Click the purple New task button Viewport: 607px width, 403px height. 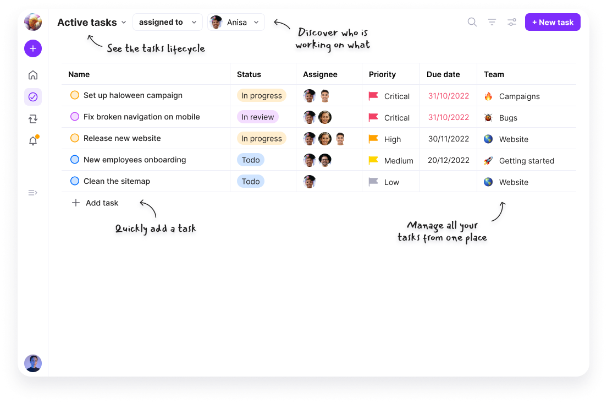pos(553,22)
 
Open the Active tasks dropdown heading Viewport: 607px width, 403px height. pos(92,23)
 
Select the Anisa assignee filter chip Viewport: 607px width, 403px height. pos(236,23)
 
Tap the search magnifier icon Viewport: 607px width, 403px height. pos(472,22)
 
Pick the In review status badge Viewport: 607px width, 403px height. pos(257,117)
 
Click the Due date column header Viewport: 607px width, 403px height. pos(443,74)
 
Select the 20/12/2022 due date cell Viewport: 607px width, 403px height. pos(449,160)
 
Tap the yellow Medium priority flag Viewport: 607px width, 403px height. pos(373,160)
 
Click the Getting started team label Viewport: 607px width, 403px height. pos(526,161)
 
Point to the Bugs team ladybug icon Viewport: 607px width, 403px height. pos(488,117)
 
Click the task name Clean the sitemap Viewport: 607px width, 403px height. pos(117,181)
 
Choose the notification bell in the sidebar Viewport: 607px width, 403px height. pos(33,141)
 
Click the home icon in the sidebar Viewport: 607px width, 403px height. pos(33,75)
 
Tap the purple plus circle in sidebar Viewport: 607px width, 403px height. pos(33,48)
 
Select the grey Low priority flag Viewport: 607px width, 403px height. pos(373,182)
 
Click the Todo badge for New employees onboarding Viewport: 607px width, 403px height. pos(251,160)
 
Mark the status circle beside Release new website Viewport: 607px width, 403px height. pos(75,138)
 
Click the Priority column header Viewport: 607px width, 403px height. pos(382,74)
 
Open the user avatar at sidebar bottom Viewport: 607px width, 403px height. pos(33,363)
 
